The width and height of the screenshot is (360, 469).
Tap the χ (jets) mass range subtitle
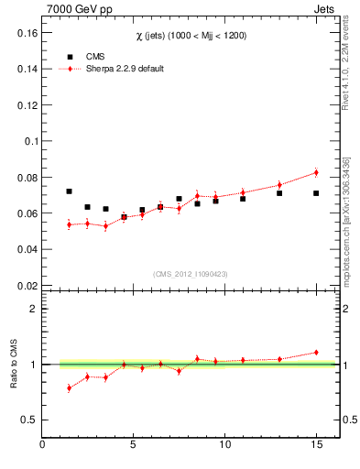pyautogui.click(x=191, y=35)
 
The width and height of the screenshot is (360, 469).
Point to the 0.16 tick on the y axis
pyautogui.click(x=25, y=32)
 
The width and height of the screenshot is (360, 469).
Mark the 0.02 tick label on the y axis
pyautogui.click(x=25, y=285)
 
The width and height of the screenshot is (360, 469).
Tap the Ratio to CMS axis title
pyautogui.click(x=14, y=364)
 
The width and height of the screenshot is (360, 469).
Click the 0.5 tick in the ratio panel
pyautogui.click(x=28, y=420)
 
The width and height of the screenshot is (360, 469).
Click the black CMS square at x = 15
pyautogui.click(x=316, y=193)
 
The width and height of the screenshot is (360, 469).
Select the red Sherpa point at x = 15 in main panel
pyautogui.click(x=316, y=172)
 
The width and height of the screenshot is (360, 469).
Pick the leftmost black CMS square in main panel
pyautogui.click(x=69, y=191)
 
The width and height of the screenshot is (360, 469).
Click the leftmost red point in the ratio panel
pyautogui.click(x=69, y=388)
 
